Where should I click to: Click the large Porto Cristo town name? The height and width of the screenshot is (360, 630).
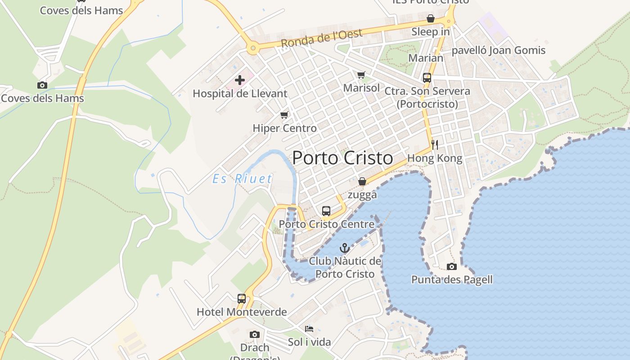coord(342,158)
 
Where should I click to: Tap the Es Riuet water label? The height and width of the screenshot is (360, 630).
coord(242,179)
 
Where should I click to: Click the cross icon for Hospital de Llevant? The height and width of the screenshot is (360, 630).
coord(240,81)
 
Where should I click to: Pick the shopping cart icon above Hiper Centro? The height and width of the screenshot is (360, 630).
coord(284,115)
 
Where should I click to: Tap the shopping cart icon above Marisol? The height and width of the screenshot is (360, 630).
coord(361,75)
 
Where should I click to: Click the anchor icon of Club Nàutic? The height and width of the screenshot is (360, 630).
coord(344,248)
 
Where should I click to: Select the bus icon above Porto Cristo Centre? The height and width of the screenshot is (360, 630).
coord(326,211)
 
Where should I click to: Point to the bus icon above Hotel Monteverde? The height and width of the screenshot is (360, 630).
coord(242,299)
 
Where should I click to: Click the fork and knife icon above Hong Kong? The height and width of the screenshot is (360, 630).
coord(434,145)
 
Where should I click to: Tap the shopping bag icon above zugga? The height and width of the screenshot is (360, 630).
coord(362,182)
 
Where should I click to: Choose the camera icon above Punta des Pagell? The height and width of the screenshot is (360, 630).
coord(451,267)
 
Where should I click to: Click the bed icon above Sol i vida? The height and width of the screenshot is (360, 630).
coord(309,329)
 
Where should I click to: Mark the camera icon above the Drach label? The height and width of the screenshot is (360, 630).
coord(254,335)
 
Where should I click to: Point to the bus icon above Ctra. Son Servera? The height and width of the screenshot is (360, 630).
coord(427,78)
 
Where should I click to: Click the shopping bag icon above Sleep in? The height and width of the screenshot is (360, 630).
coord(430,19)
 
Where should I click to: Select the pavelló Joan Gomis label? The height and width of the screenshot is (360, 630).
coord(498,50)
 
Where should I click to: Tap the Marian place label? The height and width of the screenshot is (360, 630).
coord(426,58)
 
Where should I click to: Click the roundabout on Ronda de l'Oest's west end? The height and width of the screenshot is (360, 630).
coord(253,48)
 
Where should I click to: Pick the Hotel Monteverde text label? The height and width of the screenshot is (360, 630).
coord(242,312)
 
